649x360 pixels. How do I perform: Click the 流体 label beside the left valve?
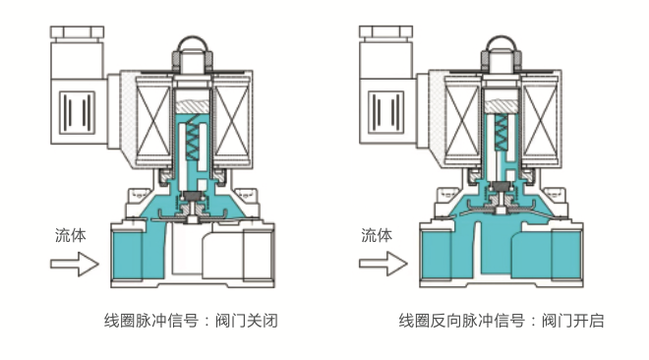pos(70,236)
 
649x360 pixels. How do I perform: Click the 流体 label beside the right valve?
pos(377,236)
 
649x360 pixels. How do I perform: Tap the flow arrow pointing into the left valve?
pos(75,264)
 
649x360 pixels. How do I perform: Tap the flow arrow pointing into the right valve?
pos(382,264)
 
